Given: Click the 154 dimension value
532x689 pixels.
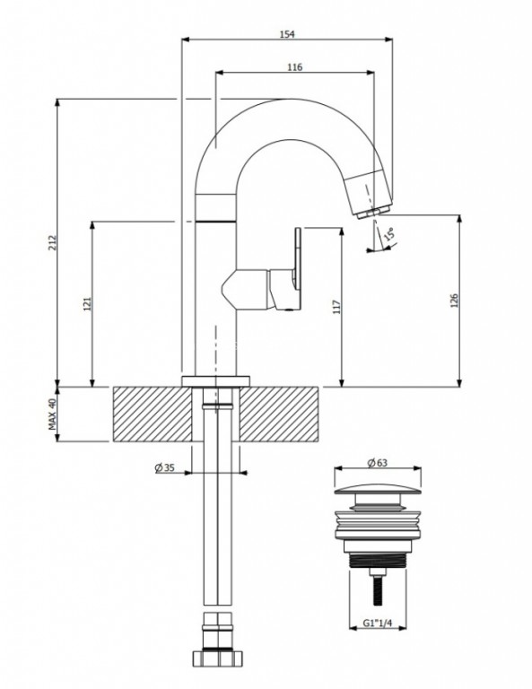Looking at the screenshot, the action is [x=287, y=34].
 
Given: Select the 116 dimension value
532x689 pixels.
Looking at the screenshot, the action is [x=295, y=66].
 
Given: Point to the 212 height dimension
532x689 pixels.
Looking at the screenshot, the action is [x=53, y=242].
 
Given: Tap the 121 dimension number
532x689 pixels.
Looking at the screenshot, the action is [x=87, y=304].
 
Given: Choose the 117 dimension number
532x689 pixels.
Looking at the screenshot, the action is [x=336, y=306].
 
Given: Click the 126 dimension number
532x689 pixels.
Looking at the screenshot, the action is [x=454, y=301].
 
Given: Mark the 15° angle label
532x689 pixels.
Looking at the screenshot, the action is [x=389, y=233].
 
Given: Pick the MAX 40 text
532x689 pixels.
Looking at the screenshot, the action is [x=53, y=414].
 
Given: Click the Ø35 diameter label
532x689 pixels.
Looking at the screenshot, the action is [x=165, y=467].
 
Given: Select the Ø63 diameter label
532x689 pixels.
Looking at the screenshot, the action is [x=378, y=462].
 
